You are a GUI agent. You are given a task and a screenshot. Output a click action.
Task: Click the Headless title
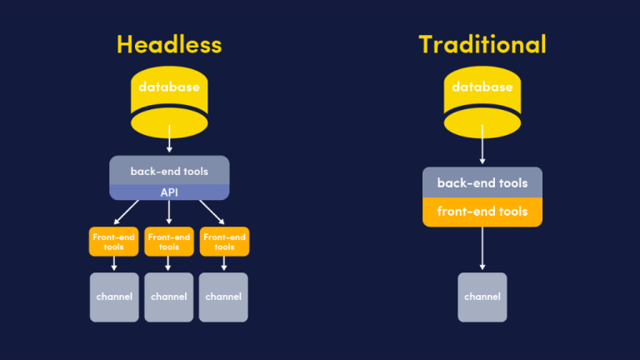click(x=169, y=43)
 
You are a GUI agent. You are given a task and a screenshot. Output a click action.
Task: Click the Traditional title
click(x=482, y=43)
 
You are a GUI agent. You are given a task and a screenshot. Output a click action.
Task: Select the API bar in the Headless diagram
click(x=169, y=192)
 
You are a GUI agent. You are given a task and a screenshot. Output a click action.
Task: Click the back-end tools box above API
click(x=169, y=171)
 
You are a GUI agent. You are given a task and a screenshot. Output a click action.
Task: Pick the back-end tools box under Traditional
click(x=482, y=182)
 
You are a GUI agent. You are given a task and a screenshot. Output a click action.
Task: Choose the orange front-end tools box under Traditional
click(x=482, y=212)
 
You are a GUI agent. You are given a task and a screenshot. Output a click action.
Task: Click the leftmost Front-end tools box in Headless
click(x=114, y=242)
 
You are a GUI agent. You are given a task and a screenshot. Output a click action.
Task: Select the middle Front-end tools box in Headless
click(x=169, y=242)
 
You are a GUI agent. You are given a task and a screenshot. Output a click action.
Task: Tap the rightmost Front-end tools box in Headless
click(x=224, y=242)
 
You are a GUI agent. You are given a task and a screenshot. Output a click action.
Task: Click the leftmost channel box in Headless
click(x=114, y=297)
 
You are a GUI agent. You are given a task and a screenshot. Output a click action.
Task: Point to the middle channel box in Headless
click(x=169, y=297)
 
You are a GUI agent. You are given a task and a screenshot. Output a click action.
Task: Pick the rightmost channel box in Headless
click(x=223, y=297)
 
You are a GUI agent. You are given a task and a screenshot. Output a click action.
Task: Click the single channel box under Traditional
click(x=482, y=297)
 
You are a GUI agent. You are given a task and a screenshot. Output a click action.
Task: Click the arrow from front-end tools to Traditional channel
click(x=482, y=247)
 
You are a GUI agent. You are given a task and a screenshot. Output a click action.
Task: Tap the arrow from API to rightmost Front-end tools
click(x=212, y=213)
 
